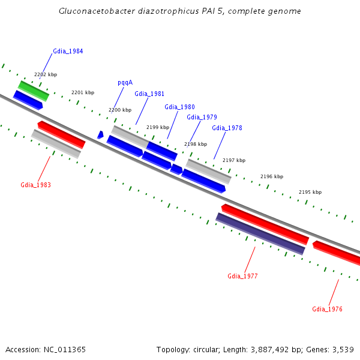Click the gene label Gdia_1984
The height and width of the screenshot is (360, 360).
pyautogui.click(x=68, y=51)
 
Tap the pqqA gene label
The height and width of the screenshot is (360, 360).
pyautogui.click(x=125, y=83)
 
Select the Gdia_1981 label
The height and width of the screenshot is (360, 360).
pyautogui.click(x=149, y=94)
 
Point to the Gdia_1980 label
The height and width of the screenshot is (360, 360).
pyautogui.click(x=179, y=107)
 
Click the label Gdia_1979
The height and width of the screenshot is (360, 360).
pyautogui.click(x=202, y=117)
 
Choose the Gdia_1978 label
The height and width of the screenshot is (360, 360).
pyautogui.click(x=227, y=128)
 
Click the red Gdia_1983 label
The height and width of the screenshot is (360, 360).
pyautogui.click(x=35, y=185)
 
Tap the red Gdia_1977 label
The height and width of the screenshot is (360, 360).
pyautogui.click(x=242, y=276)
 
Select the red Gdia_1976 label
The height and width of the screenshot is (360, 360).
pyautogui.click(x=327, y=309)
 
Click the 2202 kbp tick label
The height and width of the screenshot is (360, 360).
pyautogui.click(x=46, y=74)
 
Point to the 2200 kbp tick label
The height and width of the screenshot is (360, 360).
pyautogui.click(x=120, y=110)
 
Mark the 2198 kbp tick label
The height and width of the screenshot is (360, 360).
pyautogui.click(x=196, y=144)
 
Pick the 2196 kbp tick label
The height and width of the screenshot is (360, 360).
pyautogui.click(x=272, y=176)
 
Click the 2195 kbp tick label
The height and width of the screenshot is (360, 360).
pyautogui.click(x=310, y=192)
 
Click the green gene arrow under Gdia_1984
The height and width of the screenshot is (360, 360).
pyautogui.click(x=34, y=91)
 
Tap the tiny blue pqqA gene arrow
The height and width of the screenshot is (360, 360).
pyautogui.click(x=100, y=135)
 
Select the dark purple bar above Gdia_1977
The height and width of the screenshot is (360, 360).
pyautogui.click(x=260, y=233)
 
